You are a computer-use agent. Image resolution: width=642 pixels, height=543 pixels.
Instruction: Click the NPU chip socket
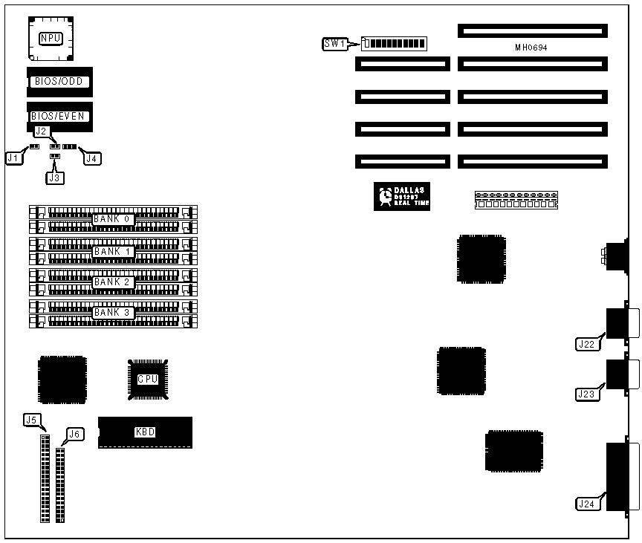pos(52,37)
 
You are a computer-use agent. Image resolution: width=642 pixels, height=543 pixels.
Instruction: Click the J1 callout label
pos(13,157)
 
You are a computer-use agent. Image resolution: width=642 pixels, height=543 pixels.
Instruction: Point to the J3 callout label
pos(53,178)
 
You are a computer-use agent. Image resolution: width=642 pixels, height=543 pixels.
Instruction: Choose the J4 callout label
pos(92,157)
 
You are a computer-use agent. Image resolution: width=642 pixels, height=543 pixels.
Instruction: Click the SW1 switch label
pos(334,44)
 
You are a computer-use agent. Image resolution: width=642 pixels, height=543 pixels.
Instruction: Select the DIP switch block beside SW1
pos(394,43)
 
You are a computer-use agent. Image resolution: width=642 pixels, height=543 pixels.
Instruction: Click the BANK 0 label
pos(111,219)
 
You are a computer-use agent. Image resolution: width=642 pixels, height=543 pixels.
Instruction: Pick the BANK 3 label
pos(111,313)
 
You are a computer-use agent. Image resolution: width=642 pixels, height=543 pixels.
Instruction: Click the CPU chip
pos(148,379)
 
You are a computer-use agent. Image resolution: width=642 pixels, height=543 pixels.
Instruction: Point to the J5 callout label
pos(31,420)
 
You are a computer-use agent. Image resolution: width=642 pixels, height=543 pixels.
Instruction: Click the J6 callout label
pos(74,434)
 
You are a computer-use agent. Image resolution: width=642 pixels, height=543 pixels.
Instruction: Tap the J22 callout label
pos(586,344)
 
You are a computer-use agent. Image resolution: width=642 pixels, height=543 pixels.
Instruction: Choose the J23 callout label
pos(586,394)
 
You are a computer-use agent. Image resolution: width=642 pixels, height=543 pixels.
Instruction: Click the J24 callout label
pos(586,504)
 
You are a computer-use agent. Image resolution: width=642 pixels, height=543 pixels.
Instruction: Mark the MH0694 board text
pos(532,48)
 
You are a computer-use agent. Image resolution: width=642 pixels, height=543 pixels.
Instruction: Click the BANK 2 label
pos(111,282)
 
